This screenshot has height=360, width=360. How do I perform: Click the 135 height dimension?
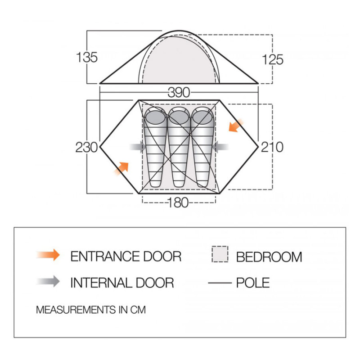87,57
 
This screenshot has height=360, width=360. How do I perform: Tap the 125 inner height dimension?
273,59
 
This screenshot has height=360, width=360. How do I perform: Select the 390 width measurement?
179,93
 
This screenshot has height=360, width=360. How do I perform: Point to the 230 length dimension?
86,147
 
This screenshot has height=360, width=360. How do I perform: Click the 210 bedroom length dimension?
272,147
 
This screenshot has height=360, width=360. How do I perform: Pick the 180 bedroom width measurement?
178,202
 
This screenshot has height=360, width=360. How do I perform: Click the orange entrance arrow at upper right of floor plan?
236,126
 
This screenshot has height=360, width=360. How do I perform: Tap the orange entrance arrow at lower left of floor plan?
121,169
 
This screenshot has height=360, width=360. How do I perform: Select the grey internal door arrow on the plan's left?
138,147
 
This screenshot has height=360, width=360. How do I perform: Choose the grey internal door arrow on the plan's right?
220,147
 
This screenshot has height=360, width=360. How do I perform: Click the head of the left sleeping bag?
155,117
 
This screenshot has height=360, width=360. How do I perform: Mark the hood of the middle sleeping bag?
179,117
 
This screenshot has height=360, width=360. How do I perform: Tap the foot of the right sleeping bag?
202,182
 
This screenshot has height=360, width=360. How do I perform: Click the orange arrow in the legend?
48,255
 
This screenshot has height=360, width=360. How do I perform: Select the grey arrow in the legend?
48,281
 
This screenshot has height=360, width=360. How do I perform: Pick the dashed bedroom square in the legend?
220,254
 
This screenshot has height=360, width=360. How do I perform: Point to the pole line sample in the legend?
220,283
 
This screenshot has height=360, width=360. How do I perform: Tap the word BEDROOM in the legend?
269,257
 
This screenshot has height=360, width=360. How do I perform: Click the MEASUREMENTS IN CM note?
91,310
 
